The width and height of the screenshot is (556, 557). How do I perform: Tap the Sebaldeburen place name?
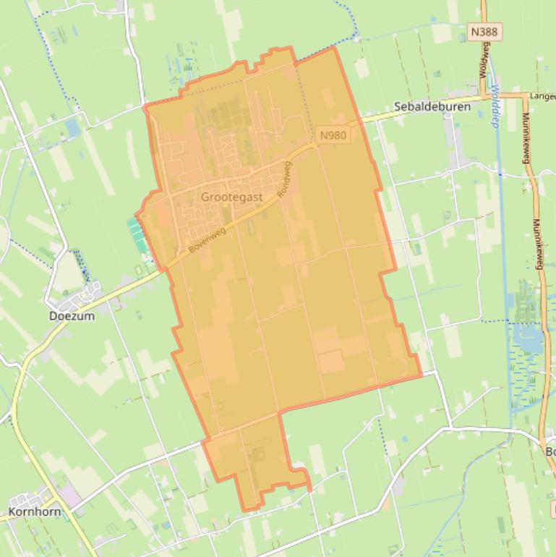432,106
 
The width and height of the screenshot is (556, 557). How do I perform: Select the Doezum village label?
72,315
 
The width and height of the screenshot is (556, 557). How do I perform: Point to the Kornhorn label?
34,511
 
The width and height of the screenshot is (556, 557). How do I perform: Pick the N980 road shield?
333,135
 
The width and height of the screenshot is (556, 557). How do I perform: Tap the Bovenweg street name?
208,239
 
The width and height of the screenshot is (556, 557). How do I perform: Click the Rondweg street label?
286,180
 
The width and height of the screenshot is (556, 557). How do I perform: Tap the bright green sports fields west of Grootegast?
136,236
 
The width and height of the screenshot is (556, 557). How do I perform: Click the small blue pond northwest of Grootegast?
72,128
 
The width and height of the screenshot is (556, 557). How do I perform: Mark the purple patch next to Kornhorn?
69,496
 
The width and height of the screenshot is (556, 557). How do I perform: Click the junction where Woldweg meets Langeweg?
485,95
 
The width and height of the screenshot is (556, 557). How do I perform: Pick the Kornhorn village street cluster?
29,499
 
